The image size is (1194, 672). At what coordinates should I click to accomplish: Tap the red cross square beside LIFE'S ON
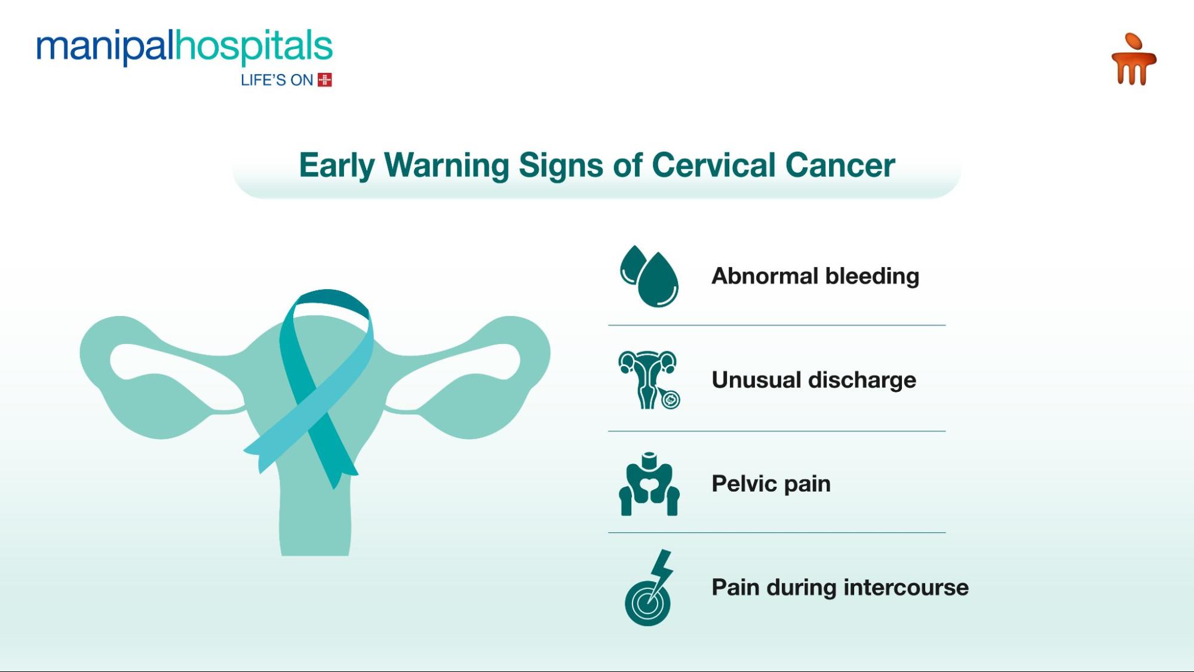[x=325, y=80]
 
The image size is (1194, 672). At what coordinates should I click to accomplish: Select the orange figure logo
[x=1133, y=60]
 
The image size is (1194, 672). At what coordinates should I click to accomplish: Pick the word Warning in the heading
[x=446, y=165]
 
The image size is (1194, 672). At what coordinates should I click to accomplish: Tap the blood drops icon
[x=649, y=276]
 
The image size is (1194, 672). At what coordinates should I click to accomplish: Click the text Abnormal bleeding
[x=815, y=276]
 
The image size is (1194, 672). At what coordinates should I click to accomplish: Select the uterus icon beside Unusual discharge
[x=649, y=380]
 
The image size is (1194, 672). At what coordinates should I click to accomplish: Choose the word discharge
[x=863, y=381]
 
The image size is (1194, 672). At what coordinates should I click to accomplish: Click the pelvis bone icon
[x=649, y=484]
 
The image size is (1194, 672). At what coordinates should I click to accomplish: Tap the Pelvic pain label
[x=771, y=484]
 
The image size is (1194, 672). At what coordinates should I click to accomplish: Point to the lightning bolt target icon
[x=649, y=588]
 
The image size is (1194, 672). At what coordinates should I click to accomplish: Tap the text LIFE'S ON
[x=277, y=80]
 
